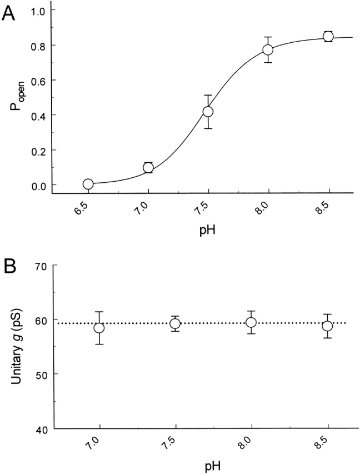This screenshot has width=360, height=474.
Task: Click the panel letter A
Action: [x=9, y=13]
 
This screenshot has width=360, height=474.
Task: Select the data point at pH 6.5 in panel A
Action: [x=88, y=184]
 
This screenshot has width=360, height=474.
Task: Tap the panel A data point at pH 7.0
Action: [x=148, y=168]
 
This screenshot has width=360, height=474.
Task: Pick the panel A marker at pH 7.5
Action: [x=208, y=112]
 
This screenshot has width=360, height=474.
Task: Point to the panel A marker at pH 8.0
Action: [x=268, y=49]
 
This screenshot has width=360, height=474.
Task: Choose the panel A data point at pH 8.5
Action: [x=328, y=37]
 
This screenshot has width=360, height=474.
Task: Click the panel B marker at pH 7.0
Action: [x=99, y=328]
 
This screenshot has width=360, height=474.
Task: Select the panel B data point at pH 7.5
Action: [x=176, y=324]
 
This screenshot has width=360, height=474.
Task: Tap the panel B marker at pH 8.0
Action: [x=251, y=322]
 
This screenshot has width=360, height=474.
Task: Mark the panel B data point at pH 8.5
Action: [x=327, y=326]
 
